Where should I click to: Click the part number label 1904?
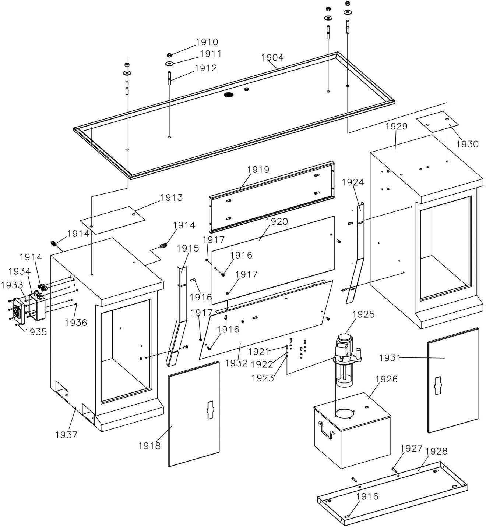272,57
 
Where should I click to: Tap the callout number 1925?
363,314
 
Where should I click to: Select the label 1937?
66,435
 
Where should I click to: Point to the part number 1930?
467,144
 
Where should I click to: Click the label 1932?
236,363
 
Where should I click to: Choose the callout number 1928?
436,451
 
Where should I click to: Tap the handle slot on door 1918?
210,410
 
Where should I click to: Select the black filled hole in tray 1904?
229,95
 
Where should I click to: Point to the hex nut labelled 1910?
170,55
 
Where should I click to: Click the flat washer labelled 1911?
169,64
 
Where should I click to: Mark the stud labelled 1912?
169,78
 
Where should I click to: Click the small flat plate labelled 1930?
437,122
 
